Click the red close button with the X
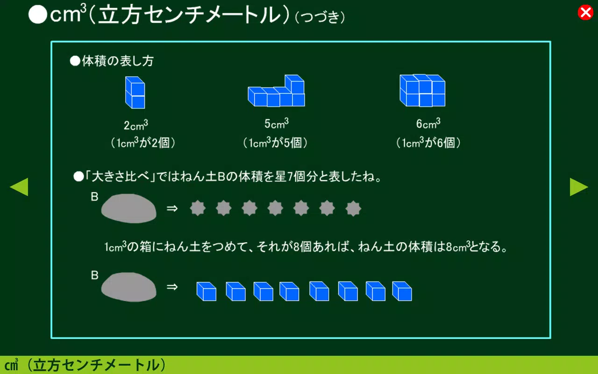click(x=585, y=13)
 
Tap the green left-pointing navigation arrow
click(x=19, y=187)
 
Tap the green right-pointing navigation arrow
click(x=578, y=187)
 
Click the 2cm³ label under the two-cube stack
click(x=136, y=125)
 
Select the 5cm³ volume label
click(x=277, y=124)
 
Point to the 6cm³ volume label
click(x=428, y=124)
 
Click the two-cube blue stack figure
click(x=135, y=93)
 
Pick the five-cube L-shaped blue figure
click(x=277, y=91)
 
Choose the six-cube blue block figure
click(x=422, y=91)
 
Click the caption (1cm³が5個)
click(x=276, y=143)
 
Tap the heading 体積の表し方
click(x=117, y=61)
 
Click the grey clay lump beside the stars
click(x=129, y=208)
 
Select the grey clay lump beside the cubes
click(x=129, y=287)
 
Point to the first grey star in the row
click(x=198, y=208)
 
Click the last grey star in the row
click(x=353, y=208)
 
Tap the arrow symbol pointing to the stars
click(x=172, y=208)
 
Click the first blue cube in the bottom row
click(x=206, y=291)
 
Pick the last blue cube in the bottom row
click(x=402, y=291)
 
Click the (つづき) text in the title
click(x=320, y=18)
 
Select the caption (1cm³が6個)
click(x=428, y=143)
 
